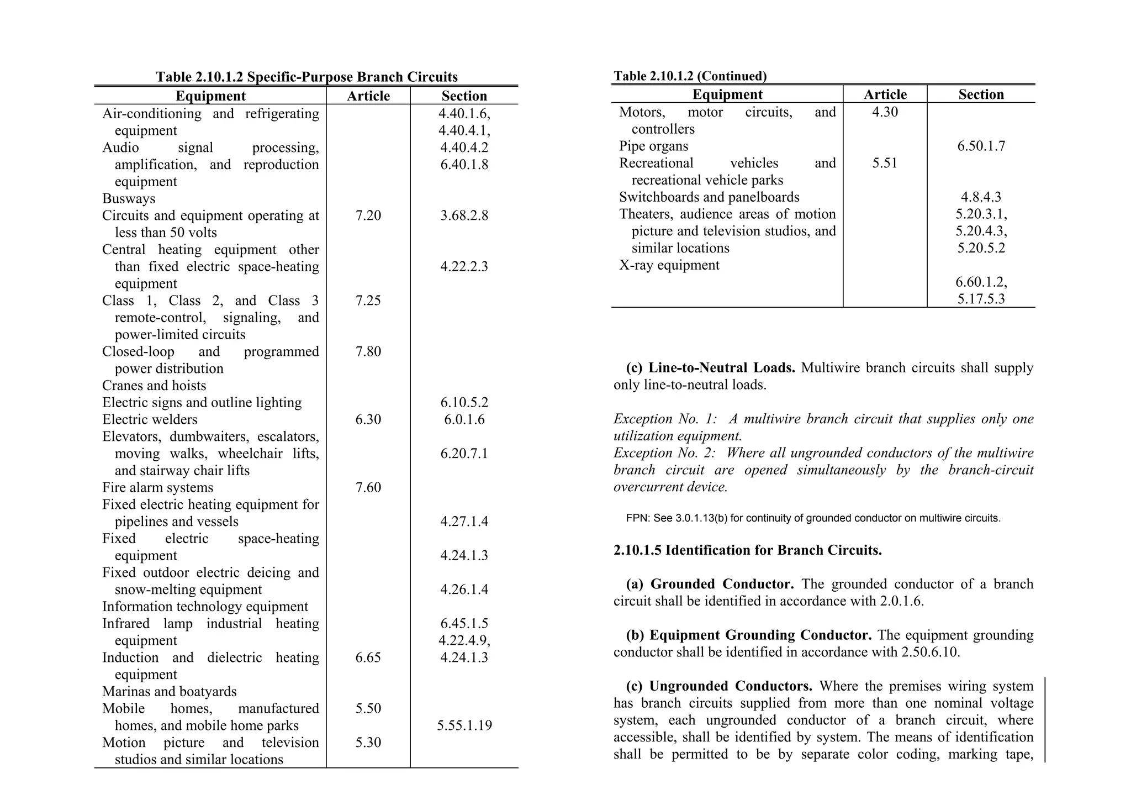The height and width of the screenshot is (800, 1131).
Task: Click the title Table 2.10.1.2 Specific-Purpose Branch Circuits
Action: coord(306,77)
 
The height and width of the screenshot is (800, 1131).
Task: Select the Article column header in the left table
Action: coord(368,96)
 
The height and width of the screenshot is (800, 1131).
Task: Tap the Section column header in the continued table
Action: coord(981,94)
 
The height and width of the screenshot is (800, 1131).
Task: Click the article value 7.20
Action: coord(368,215)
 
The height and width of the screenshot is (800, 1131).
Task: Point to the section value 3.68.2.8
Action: coord(464,215)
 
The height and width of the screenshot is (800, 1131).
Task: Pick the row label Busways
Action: coord(129,199)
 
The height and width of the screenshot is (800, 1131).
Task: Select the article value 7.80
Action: coord(368,352)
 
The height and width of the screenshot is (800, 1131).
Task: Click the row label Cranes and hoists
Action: coord(154,386)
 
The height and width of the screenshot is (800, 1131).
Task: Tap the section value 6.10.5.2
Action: coord(464,403)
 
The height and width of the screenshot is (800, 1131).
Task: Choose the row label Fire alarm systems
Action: coord(157,488)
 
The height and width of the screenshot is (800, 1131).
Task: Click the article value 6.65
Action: coord(368,658)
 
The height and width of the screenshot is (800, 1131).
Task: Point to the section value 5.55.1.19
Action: coord(464,726)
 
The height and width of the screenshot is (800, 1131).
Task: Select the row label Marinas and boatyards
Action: coord(169,692)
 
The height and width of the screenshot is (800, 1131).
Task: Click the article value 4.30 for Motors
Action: coord(885,112)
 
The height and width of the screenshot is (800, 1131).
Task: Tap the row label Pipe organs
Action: coord(653,146)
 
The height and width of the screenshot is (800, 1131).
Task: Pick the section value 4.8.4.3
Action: coord(981,197)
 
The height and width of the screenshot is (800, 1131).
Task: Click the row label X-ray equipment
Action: coord(669,265)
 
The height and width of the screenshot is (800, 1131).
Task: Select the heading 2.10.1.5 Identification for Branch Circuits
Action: coord(747,550)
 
